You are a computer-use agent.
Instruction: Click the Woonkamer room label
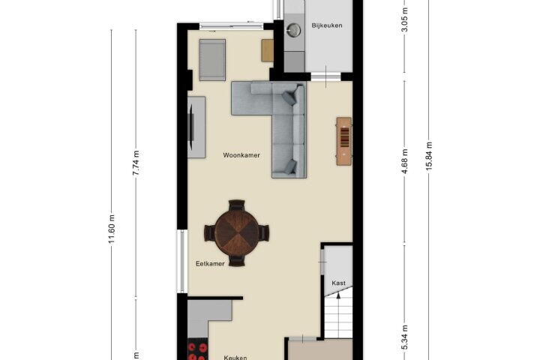(241, 155)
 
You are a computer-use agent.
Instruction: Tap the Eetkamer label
(210, 264)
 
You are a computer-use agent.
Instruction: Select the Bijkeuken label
(327, 25)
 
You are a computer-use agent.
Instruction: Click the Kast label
(338, 283)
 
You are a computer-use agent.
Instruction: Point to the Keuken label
(235, 358)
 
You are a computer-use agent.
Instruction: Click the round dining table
(236, 233)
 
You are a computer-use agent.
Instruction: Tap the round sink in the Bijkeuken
(293, 30)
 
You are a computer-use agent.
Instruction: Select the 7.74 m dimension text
(136, 163)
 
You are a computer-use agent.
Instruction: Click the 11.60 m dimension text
(112, 229)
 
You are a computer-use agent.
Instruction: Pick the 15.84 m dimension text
(429, 156)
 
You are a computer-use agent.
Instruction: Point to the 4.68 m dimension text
(405, 161)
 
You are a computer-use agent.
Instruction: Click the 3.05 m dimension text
(405, 19)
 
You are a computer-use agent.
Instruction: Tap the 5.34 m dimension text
(405, 337)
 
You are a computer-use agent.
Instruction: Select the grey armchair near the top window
(212, 60)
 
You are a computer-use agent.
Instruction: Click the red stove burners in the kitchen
(198, 351)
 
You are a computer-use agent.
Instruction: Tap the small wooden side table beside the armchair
(267, 51)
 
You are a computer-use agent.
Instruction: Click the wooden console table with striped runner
(344, 141)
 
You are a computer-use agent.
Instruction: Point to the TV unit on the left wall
(196, 127)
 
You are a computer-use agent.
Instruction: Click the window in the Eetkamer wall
(182, 262)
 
